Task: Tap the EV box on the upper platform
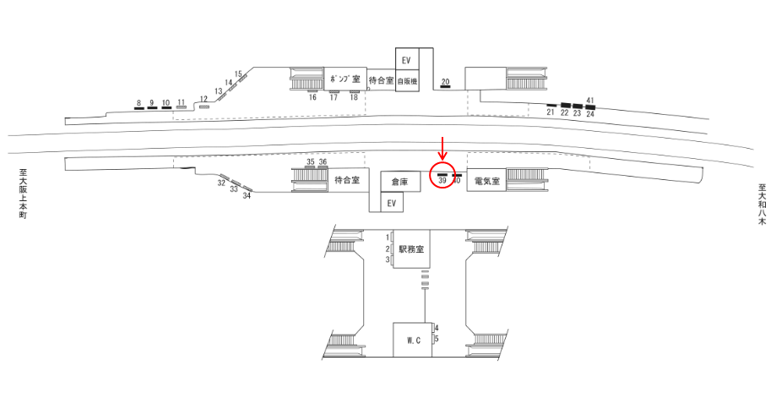coord(406,60)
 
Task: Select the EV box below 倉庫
coord(390,204)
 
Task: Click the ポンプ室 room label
coord(345,79)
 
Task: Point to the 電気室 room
coord(487,181)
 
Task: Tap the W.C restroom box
coord(413,341)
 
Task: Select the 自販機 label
coord(408,82)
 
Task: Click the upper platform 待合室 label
coord(382,79)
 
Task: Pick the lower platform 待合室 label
coord(347,180)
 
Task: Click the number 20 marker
coord(446,81)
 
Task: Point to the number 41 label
coord(590,101)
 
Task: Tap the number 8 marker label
coord(138,103)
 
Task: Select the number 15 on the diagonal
coord(238,74)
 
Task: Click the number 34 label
coord(247,196)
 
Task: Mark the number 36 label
coord(323,161)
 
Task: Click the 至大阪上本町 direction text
coord(24,194)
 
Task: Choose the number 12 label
coord(203,99)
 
